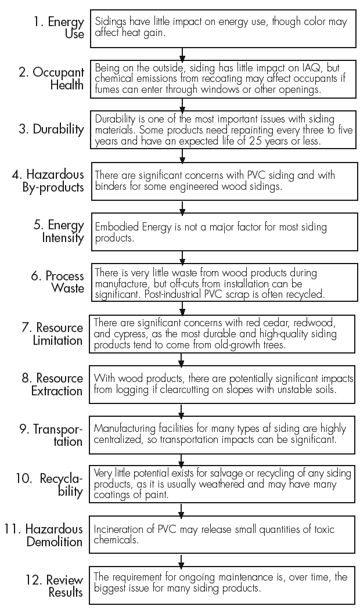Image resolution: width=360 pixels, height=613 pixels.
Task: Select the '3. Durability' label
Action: [x=51, y=129]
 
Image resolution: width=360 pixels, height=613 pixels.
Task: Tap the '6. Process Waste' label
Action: [x=57, y=282]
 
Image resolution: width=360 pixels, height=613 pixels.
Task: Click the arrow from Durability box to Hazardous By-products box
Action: [x=182, y=156]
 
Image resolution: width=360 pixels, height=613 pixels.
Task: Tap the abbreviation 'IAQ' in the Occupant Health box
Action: [x=301, y=67]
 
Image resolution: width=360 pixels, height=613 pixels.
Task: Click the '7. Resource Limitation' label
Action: [x=52, y=334]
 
